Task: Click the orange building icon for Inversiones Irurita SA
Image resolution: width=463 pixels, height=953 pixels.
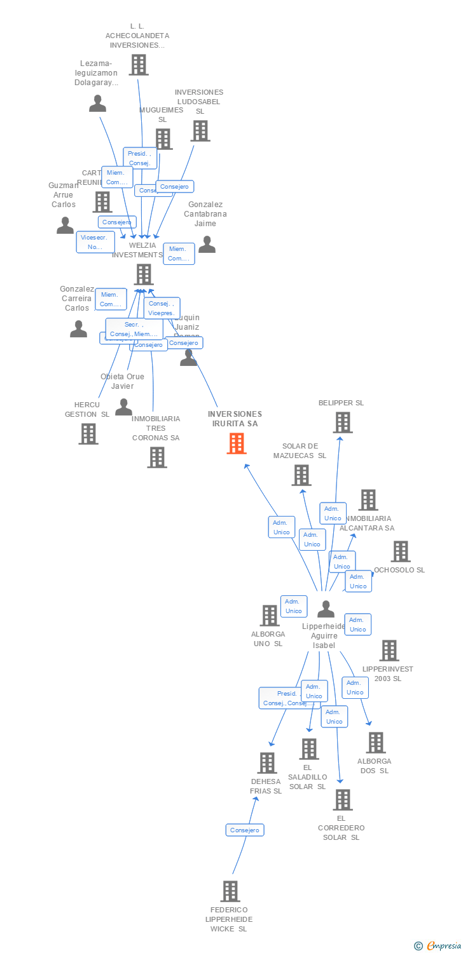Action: [x=237, y=443]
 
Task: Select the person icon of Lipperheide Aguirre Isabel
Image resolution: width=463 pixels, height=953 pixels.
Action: [x=326, y=609]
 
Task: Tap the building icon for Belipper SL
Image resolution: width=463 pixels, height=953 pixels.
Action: [x=342, y=422]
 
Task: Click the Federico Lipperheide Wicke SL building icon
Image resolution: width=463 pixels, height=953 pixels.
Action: [x=230, y=891]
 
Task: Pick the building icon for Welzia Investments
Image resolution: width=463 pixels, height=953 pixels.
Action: [x=144, y=274]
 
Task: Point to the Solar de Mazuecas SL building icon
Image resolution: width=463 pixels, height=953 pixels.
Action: [x=301, y=475]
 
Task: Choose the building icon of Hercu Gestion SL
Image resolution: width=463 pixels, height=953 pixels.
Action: [x=88, y=433]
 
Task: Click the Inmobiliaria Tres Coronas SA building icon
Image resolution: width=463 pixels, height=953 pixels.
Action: [x=156, y=457]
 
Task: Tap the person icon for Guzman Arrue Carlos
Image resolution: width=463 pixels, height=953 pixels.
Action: [x=65, y=225]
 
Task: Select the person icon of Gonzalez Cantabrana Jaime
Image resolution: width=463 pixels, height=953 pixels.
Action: [x=207, y=245]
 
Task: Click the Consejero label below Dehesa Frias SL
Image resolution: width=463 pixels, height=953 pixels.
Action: [x=245, y=830]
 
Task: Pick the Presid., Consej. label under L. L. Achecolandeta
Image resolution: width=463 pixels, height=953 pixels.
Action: [x=139, y=158]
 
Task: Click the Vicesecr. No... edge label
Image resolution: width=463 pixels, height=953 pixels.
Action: [x=95, y=242]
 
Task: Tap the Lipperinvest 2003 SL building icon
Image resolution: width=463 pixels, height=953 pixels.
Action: [x=389, y=651]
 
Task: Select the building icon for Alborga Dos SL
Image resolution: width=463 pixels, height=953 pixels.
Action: [x=375, y=742]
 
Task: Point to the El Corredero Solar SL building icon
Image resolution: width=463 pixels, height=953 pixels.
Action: [x=342, y=799]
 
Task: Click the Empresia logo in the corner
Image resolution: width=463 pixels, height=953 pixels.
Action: [x=439, y=946]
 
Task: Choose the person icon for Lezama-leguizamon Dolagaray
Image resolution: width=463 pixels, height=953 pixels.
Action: [x=97, y=103]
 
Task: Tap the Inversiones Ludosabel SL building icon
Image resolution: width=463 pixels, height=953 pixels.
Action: [x=200, y=131]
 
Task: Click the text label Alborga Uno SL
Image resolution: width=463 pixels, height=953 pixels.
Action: [x=268, y=639]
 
